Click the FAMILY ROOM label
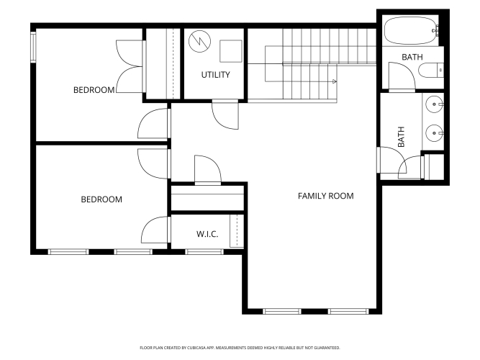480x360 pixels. pyautogui.click(x=326, y=196)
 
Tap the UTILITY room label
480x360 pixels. pyautogui.click(x=215, y=75)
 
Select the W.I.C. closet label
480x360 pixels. pyautogui.click(x=207, y=235)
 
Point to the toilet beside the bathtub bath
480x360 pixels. pyautogui.click(x=431, y=70)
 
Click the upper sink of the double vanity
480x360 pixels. pyautogui.click(x=435, y=104)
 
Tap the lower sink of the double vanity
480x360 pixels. pyautogui.click(x=435, y=133)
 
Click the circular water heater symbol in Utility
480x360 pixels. pyautogui.click(x=199, y=41)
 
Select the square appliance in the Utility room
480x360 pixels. pyautogui.click(x=231, y=51)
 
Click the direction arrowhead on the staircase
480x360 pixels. pyautogui.click(x=335, y=81)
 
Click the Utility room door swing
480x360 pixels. pyautogui.click(x=225, y=116)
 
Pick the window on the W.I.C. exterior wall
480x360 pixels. pyautogui.click(x=204, y=252)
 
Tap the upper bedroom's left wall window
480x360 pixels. pyautogui.click(x=33, y=48)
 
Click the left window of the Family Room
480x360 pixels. pyautogui.click(x=282, y=311)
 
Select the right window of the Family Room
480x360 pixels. pyautogui.click(x=348, y=311)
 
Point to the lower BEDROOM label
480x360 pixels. pyautogui.click(x=101, y=199)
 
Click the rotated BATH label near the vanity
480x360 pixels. pyautogui.click(x=401, y=137)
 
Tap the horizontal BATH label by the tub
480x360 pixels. pyautogui.click(x=412, y=57)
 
